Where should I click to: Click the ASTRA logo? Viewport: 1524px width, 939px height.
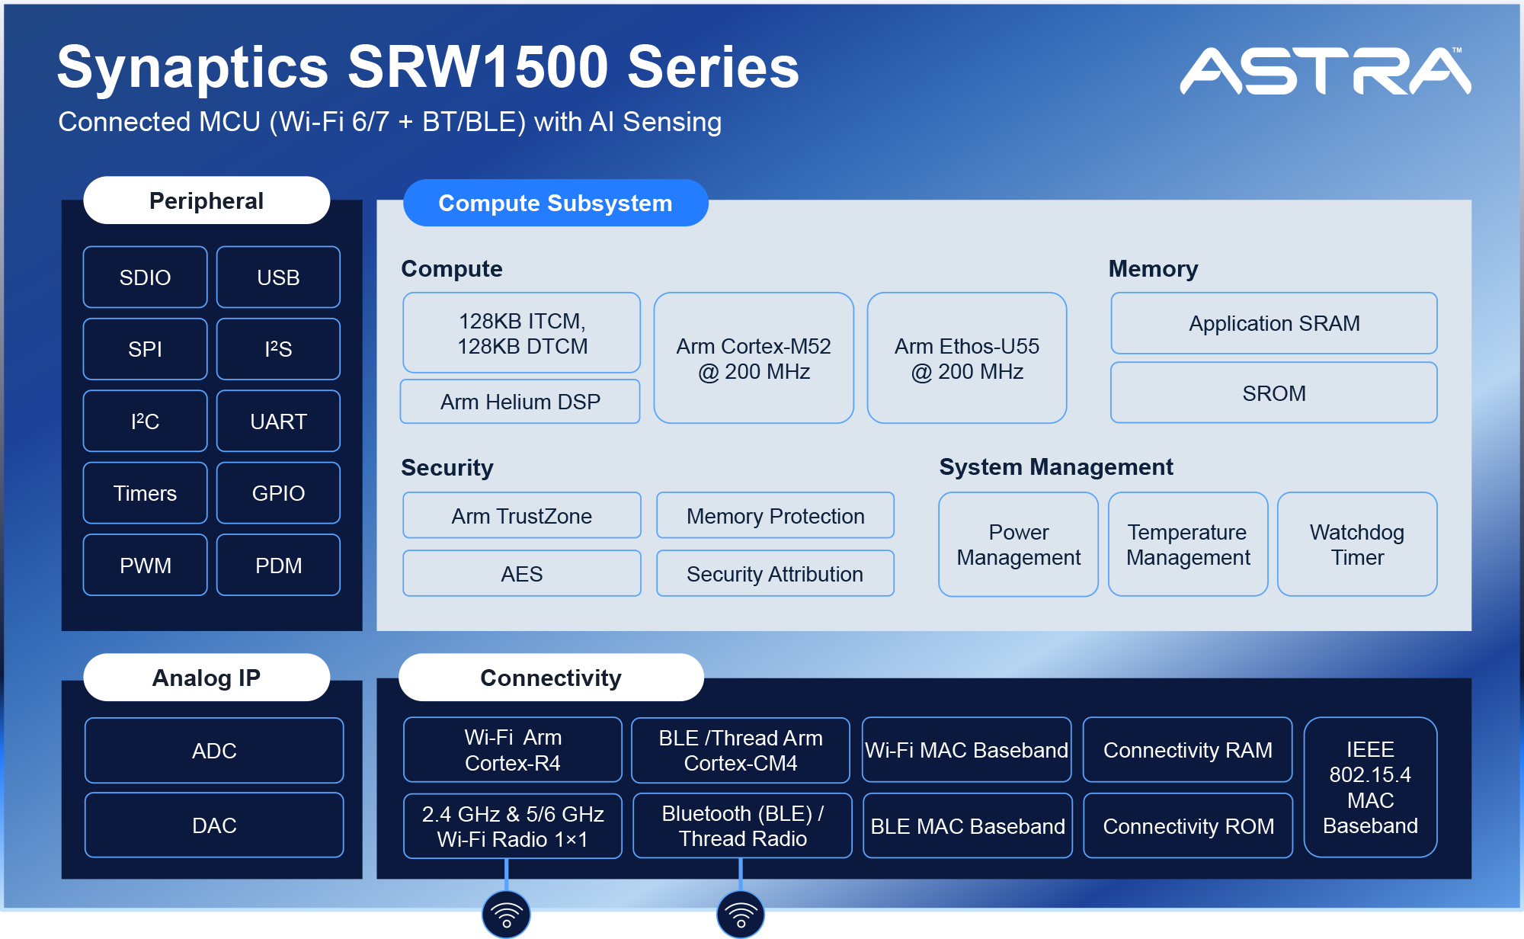click(x=1325, y=72)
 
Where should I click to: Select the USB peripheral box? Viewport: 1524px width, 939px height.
click(x=278, y=277)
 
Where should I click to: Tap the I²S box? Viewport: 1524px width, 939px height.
click(x=278, y=349)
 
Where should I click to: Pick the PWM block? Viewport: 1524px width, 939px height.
click(x=145, y=566)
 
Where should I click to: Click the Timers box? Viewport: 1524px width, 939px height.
click(x=145, y=493)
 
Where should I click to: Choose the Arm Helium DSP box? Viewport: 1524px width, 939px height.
click(x=520, y=402)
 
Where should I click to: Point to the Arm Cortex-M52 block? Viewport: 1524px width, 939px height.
click(x=754, y=358)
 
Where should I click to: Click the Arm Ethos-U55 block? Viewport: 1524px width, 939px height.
click(x=966, y=358)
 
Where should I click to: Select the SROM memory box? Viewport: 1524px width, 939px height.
click(x=1273, y=393)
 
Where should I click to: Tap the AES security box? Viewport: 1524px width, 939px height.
click(x=521, y=574)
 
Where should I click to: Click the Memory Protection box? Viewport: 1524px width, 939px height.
click(x=775, y=516)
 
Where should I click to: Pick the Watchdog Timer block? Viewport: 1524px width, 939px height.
click(x=1356, y=544)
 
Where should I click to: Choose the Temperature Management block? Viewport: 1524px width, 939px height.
click(x=1187, y=544)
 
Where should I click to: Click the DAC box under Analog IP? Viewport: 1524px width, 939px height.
click(x=214, y=825)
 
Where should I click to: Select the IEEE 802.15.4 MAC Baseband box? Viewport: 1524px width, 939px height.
click(x=1370, y=787)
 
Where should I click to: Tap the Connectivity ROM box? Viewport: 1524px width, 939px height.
click(x=1188, y=826)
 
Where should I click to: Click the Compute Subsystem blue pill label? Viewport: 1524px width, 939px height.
click(x=555, y=203)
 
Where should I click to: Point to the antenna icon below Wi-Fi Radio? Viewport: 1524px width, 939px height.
click(x=506, y=913)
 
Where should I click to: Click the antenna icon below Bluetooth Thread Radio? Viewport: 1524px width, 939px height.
click(x=740, y=913)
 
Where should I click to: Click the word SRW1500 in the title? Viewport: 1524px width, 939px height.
click(x=477, y=67)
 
